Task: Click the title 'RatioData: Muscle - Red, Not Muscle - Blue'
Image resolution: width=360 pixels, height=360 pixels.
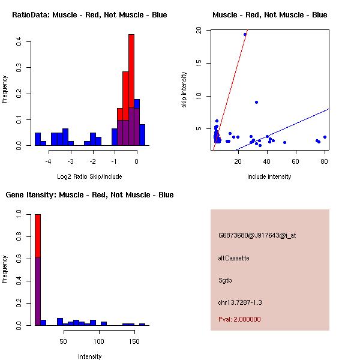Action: [x=89, y=14]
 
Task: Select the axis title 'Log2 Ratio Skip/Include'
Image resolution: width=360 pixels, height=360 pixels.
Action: [x=89, y=176]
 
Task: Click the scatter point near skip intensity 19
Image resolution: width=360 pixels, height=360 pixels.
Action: [x=245, y=34]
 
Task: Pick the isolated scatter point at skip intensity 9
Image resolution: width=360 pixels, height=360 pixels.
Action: [x=256, y=102]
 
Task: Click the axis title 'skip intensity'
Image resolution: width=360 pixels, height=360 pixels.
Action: [x=184, y=90]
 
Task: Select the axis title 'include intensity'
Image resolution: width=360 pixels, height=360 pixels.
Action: [x=269, y=176]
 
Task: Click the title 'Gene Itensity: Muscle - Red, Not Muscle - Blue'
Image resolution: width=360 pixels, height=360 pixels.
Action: [x=89, y=194]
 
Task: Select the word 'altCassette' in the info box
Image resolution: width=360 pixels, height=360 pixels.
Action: [x=233, y=258]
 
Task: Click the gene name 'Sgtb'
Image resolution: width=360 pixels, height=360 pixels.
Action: [x=224, y=280]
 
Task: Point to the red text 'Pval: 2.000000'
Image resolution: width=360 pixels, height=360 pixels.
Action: [x=239, y=319]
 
